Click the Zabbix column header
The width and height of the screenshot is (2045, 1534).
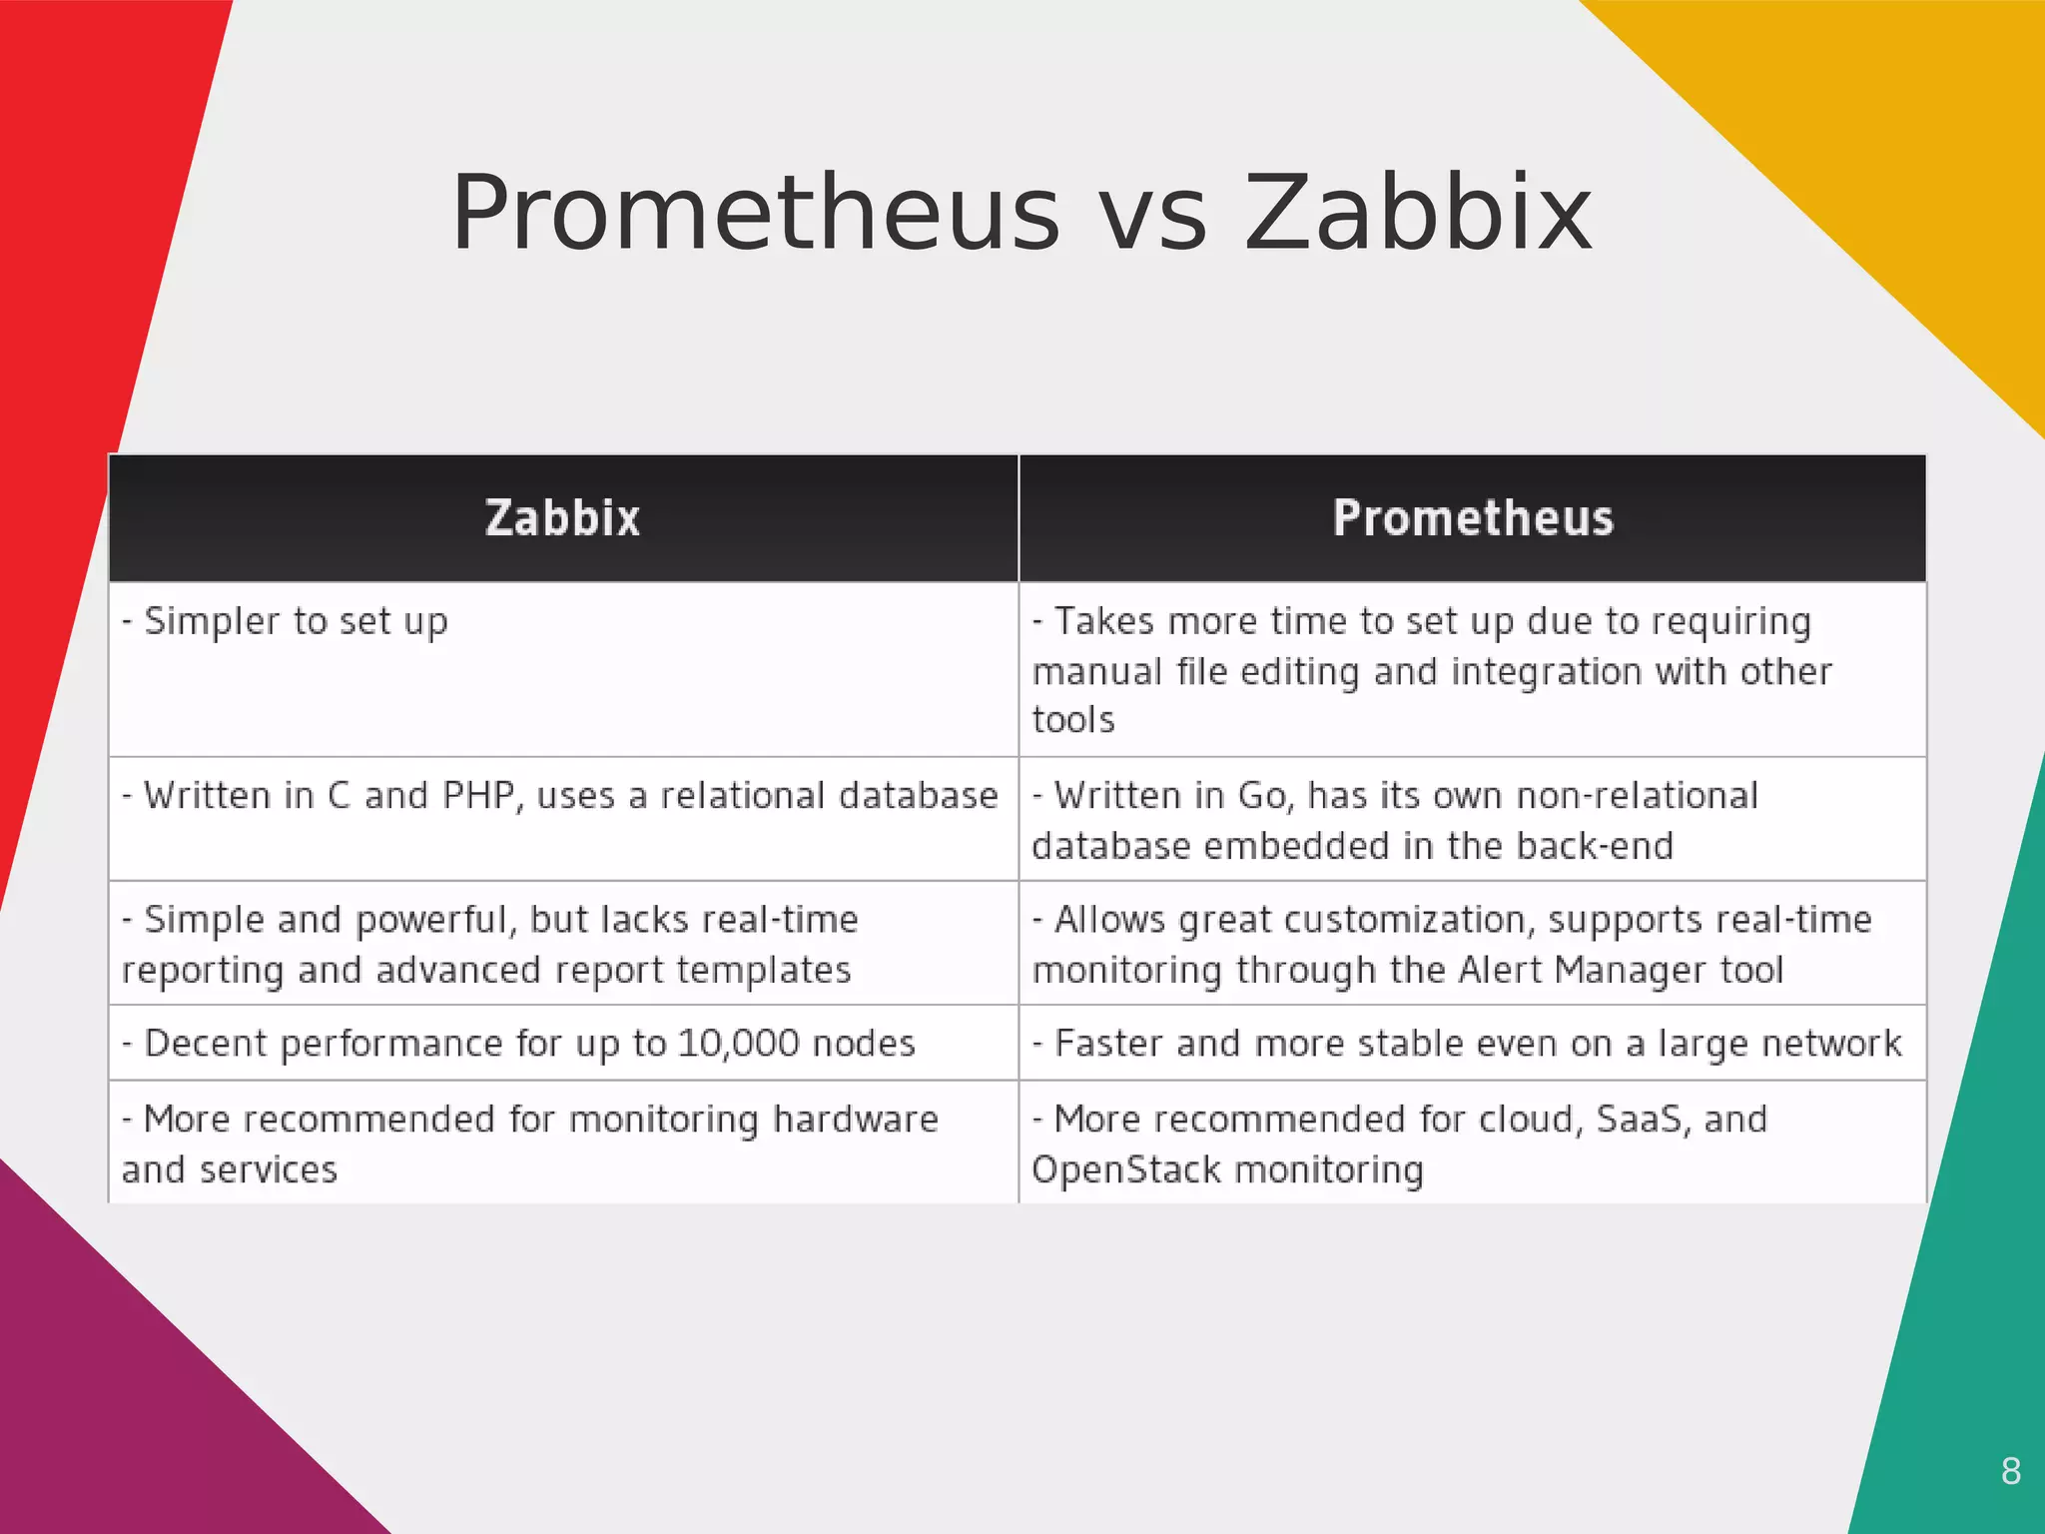[x=562, y=518]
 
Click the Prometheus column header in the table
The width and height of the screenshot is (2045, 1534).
[x=1473, y=518]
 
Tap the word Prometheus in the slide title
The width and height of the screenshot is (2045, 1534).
[x=755, y=214]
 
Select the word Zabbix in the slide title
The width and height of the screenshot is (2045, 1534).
[x=1418, y=214]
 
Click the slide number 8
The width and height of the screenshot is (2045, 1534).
[x=2011, y=1471]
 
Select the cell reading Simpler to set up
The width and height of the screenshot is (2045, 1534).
[x=296, y=622]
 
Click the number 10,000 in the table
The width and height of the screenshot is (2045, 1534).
[x=739, y=1044]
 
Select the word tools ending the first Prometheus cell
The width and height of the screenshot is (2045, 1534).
[x=1073, y=720]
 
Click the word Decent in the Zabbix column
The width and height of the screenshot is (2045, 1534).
[x=206, y=1044]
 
